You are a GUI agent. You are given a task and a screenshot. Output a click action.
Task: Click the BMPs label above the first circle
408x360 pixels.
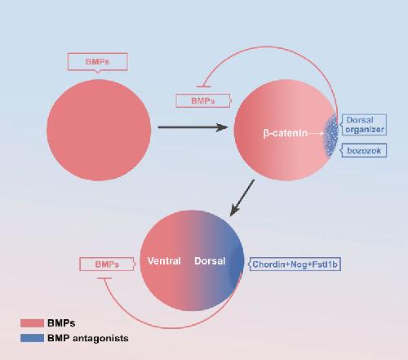pyautogui.click(x=98, y=62)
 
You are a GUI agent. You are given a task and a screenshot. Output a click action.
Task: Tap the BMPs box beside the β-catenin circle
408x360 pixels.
pyautogui.click(x=203, y=101)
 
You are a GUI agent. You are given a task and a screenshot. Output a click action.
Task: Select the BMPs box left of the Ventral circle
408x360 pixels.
pyautogui.click(x=107, y=264)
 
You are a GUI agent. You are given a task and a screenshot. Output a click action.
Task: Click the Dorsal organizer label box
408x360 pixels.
pyautogui.click(x=364, y=125)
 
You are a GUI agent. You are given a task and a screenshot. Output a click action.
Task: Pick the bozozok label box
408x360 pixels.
pyautogui.click(x=364, y=150)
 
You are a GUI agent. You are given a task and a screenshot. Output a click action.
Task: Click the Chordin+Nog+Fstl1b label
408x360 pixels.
pyautogui.click(x=295, y=264)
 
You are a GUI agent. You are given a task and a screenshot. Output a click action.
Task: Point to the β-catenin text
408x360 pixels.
pyautogui.click(x=286, y=133)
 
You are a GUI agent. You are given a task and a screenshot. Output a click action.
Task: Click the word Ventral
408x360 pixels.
pyautogui.click(x=164, y=261)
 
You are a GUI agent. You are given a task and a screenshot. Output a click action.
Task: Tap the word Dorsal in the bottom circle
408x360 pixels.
pyautogui.click(x=210, y=261)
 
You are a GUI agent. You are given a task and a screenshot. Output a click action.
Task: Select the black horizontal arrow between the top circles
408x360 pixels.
pyautogui.click(x=193, y=127)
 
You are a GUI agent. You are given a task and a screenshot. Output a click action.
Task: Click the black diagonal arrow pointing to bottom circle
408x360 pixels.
pyautogui.click(x=242, y=198)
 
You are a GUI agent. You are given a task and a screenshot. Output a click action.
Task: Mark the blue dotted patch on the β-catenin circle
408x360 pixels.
pyautogui.click(x=330, y=136)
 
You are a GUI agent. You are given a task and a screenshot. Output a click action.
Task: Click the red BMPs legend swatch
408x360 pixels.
pyautogui.click(x=32, y=323)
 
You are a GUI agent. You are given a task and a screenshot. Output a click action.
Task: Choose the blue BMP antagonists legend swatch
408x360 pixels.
pyautogui.click(x=32, y=338)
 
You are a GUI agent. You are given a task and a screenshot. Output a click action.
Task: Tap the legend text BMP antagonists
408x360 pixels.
pyautogui.click(x=88, y=338)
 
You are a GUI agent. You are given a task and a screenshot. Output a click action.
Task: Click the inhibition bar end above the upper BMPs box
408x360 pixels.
pyautogui.click(x=203, y=87)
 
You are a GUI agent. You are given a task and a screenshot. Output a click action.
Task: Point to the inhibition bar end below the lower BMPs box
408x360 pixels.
pyautogui.click(x=104, y=278)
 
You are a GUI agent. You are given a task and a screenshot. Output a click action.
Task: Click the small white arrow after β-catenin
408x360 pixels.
pyautogui.click(x=317, y=133)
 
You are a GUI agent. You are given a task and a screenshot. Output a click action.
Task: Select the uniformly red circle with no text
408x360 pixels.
pyautogui.click(x=99, y=130)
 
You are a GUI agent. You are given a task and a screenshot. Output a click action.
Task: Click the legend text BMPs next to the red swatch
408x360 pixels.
pyautogui.click(x=61, y=323)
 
